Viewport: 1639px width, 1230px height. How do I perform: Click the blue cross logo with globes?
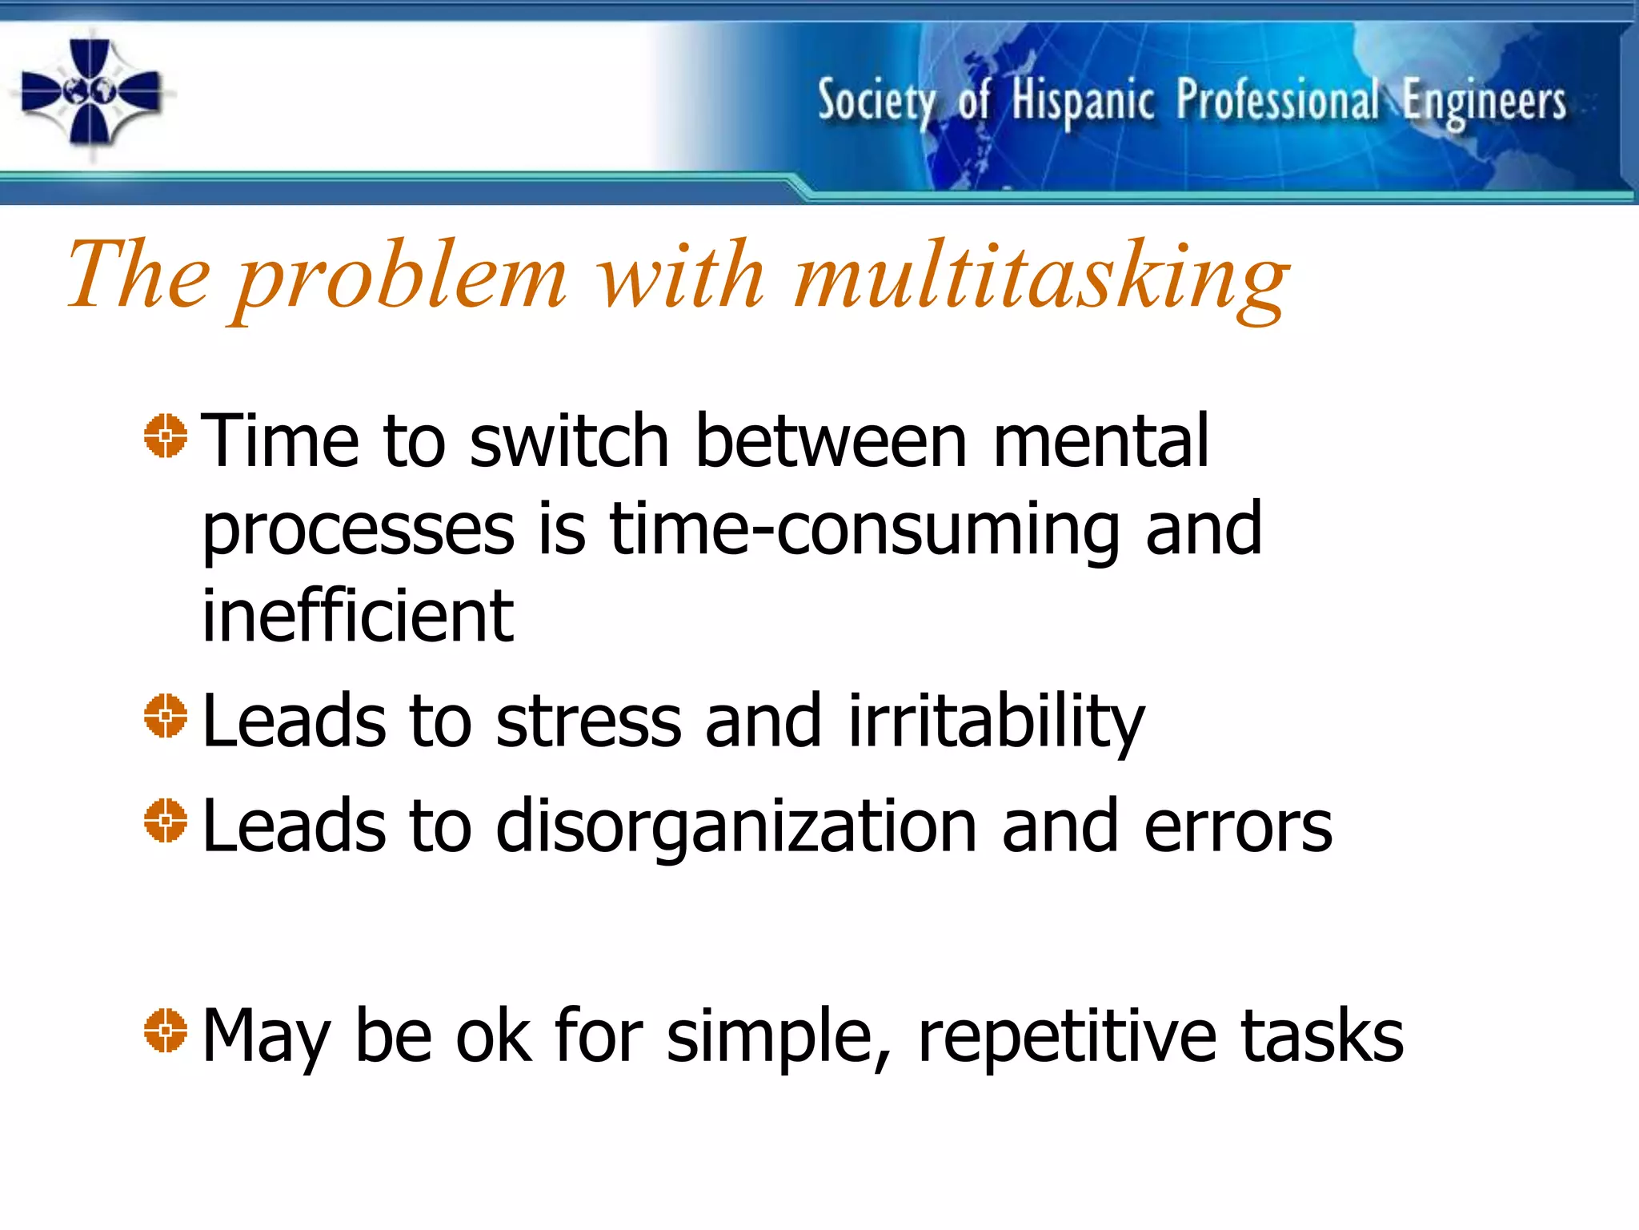[x=90, y=93]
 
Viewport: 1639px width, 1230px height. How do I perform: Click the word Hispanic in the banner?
[x=1082, y=102]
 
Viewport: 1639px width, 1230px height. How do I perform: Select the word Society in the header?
[x=876, y=102]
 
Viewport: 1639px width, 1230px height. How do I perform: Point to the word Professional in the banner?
[x=1277, y=101]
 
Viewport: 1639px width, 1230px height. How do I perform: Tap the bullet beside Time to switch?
[x=166, y=436]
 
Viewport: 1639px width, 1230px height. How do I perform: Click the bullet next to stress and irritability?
[x=166, y=715]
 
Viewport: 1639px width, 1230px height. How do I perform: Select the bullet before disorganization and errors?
[x=166, y=820]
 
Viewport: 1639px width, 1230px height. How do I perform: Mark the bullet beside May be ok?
[x=166, y=1030]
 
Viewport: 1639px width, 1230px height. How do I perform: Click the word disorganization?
[x=735, y=827]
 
